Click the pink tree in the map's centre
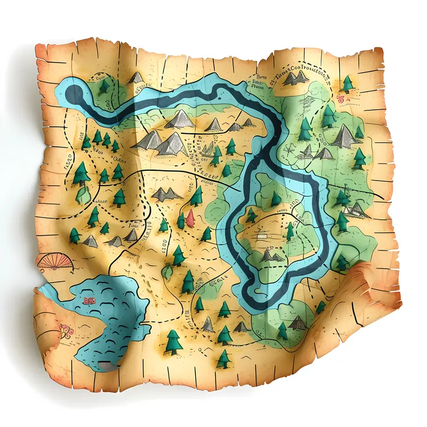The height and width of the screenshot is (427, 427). tap(190, 216)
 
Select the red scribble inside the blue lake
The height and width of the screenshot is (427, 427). tap(89, 299)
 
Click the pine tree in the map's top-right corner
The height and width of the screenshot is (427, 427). tap(348, 84)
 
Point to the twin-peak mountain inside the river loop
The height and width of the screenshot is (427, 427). tap(272, 256)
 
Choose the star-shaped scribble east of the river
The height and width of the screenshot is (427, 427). tap(291, 149)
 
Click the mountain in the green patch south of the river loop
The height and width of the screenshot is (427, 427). tap(298, 323)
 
